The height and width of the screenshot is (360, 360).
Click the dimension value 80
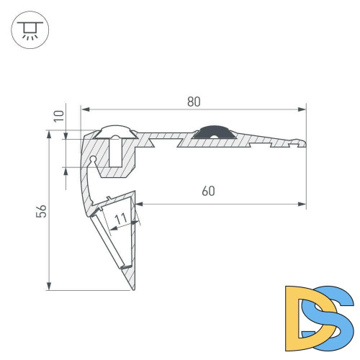click(x=193, y=102)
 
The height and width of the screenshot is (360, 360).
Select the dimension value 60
click(x=208, y=191)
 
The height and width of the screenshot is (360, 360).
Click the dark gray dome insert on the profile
click(x=212, y=132)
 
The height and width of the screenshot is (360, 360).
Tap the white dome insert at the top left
click(x=115, y=131)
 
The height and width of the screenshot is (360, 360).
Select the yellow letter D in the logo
click(x=300, y=314)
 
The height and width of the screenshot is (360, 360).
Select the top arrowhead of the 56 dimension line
click(x=49, y=134)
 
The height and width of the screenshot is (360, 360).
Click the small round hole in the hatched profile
click(x=94, y=159)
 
